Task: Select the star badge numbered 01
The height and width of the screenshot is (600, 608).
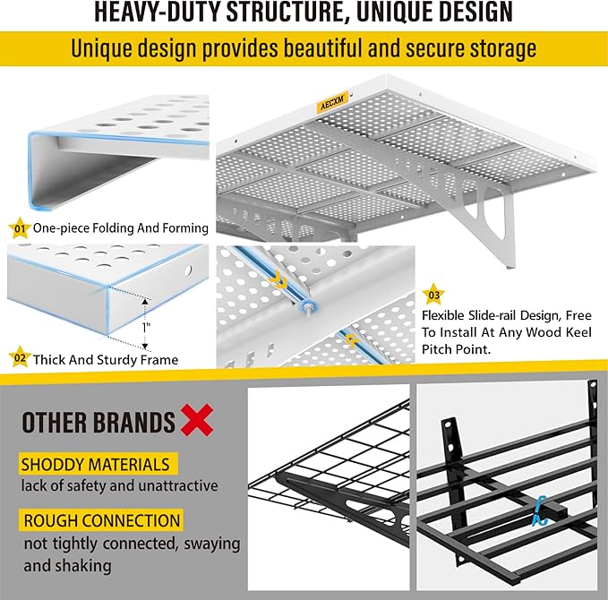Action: [19, 227]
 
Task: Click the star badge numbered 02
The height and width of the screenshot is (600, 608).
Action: [19, 359]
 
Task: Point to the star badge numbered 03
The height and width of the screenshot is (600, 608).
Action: [434, 294]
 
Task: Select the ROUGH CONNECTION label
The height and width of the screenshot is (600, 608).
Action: [100, 520]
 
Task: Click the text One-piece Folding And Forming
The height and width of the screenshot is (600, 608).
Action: [120, 228]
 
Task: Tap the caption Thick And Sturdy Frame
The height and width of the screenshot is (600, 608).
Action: [105, 360]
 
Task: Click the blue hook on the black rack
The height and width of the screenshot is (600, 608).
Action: [540, 510]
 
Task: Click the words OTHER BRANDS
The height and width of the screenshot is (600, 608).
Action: [98, 422]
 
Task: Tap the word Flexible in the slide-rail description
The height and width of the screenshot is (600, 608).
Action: [447, 315]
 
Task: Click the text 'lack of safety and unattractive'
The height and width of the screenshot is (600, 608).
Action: [119, 486]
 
